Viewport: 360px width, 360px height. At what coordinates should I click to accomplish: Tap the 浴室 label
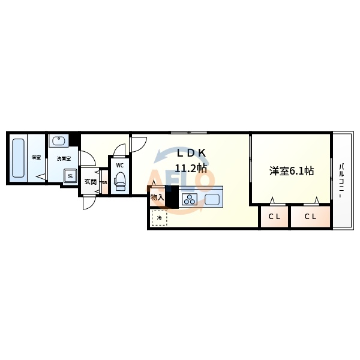click(x=36, y=158)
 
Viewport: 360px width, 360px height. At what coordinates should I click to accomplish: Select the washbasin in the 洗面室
click(x=59, y=141)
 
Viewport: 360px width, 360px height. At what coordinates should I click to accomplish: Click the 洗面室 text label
click(x=64, y=158)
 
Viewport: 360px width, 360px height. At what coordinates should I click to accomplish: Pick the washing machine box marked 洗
click(x=70, y=176)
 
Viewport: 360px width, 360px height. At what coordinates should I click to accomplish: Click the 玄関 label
click(x=90, y=182)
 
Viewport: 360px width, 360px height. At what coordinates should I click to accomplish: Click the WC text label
click(x=119, y=165)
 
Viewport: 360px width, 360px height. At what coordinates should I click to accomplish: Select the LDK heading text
click(x=191, y=152)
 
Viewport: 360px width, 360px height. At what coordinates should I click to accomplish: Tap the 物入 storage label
click(x=157, y=197)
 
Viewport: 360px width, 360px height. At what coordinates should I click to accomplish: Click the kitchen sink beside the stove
click(x=212, y=199)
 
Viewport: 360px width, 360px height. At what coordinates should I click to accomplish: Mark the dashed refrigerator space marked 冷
click(x=160, y=218)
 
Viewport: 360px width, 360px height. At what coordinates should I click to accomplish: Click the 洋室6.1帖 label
click(x=291, y=171)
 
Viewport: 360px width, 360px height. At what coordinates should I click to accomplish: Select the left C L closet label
click(x=274, y=217)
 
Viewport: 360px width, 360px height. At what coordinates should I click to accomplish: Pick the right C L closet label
click(x=310, y=217)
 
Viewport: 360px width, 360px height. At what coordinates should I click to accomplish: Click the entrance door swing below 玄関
click(x=88, y=202)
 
